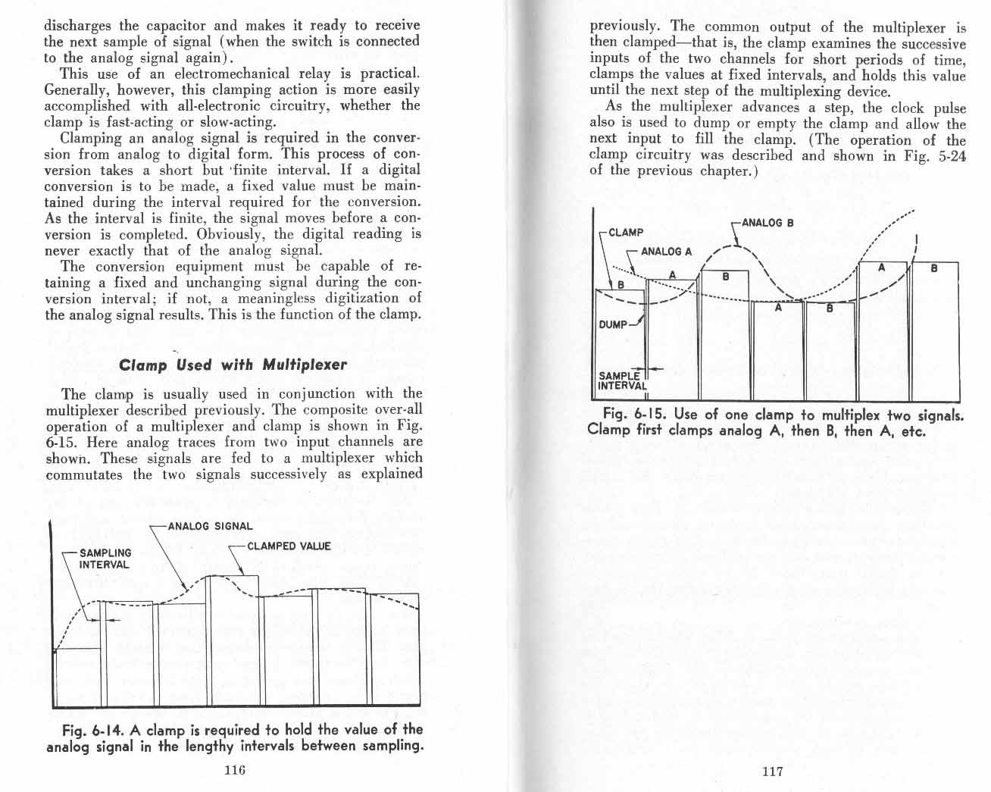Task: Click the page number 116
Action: pos(234,771)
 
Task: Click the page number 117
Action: pos(772,772)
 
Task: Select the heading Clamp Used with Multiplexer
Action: pos(233,365)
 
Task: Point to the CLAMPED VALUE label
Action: pos(289,546)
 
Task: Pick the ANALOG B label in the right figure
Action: pos(767,223)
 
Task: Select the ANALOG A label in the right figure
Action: pos(667,251)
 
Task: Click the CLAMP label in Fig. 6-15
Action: pos(626,232)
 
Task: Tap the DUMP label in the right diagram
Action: pos(613,324)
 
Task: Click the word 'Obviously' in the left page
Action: pos(230,234)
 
